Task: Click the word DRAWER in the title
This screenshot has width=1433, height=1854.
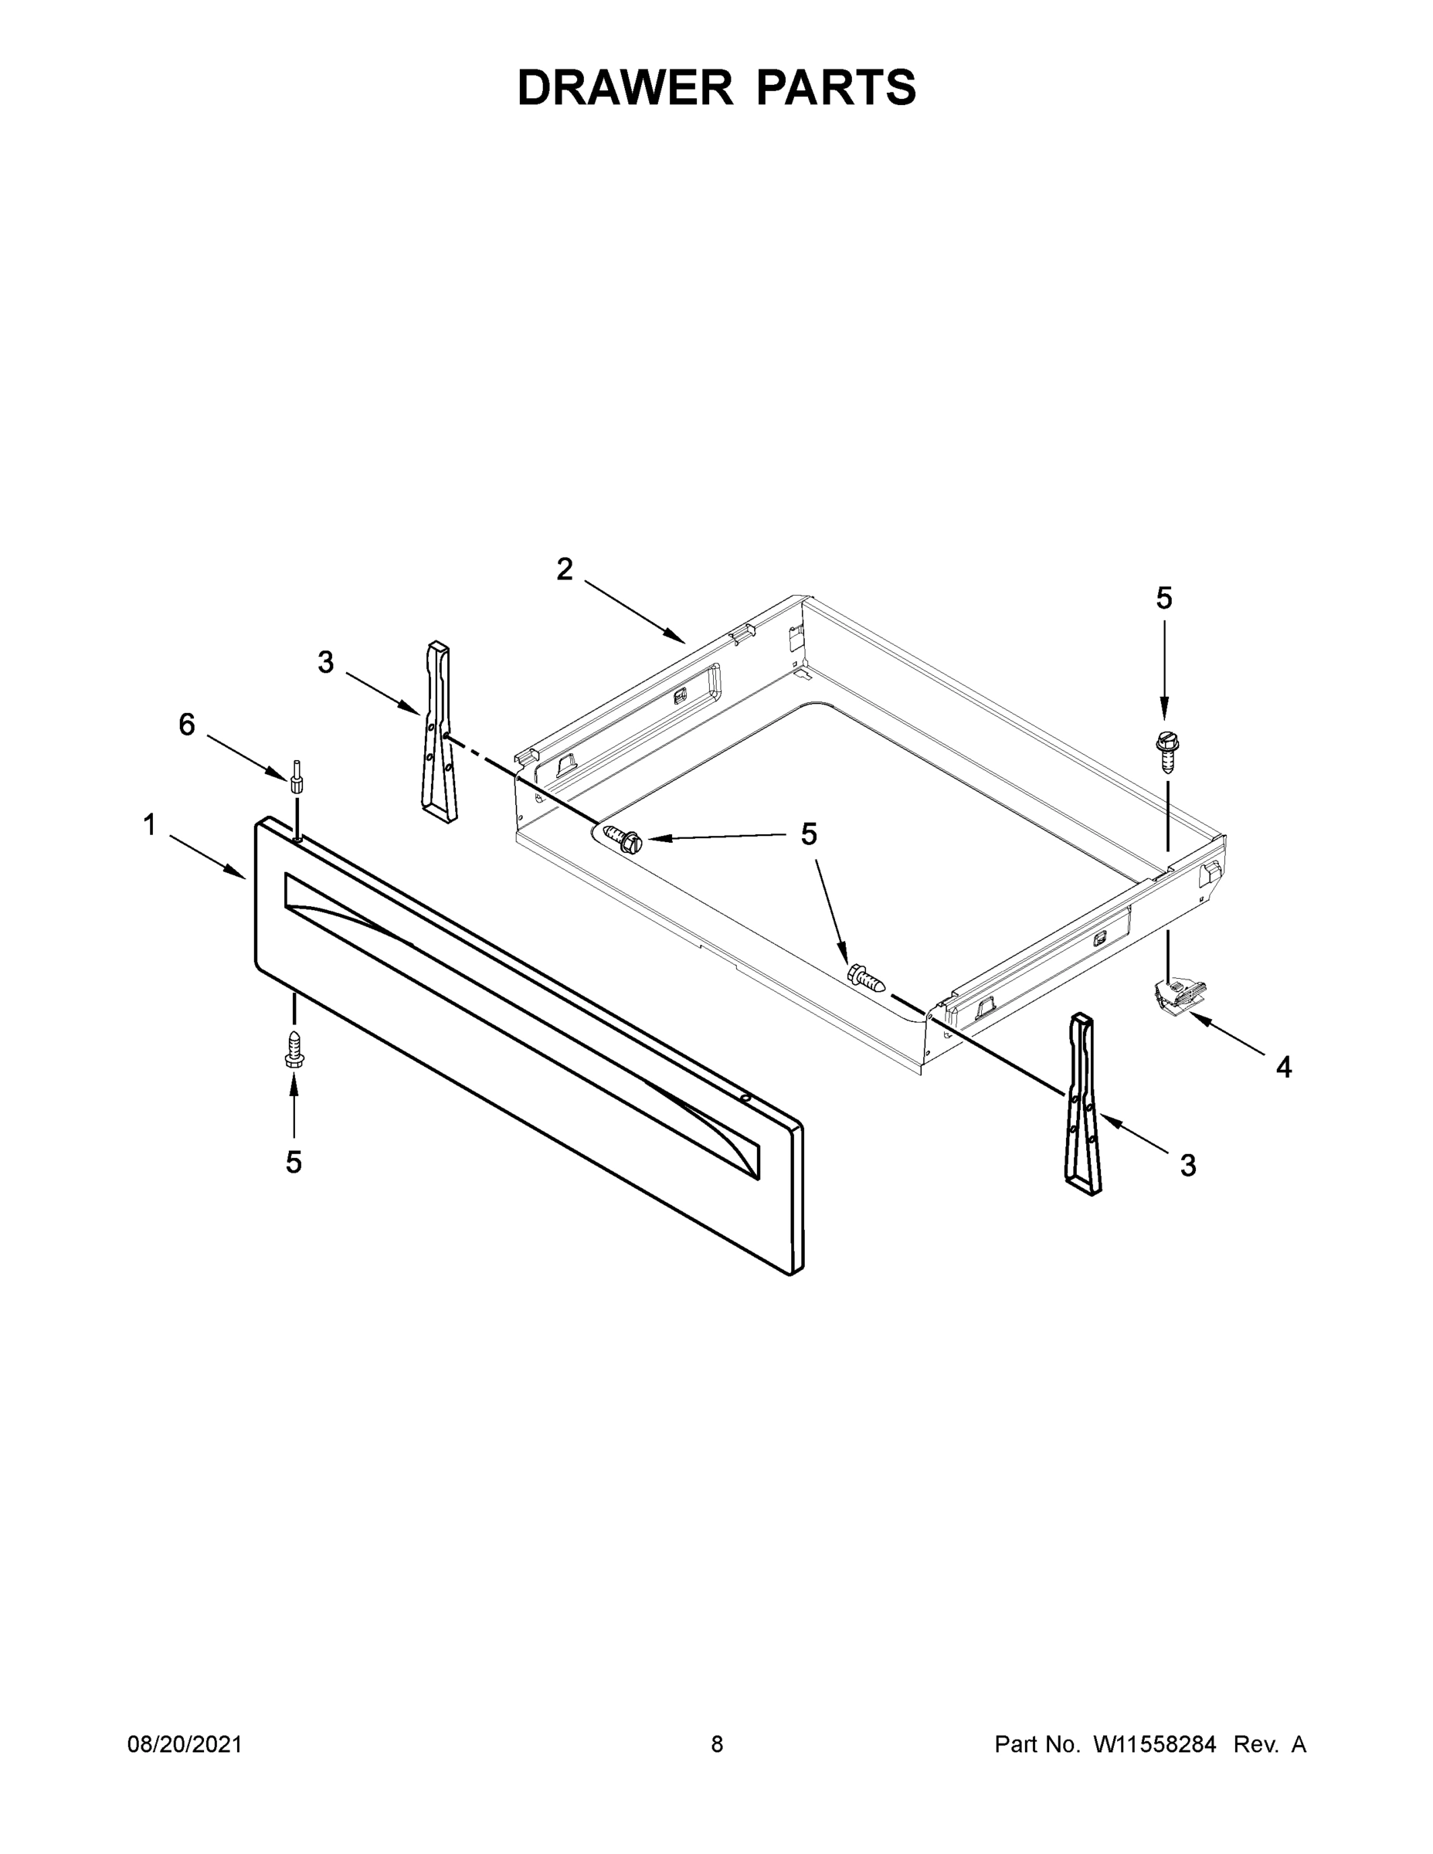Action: (624, 87)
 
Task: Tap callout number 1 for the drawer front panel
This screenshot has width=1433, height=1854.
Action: (149, 824)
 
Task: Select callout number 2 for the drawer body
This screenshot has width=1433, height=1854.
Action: (565, 569)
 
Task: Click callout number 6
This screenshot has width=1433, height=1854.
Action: (187, 724)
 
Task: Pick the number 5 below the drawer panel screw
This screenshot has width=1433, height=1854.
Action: (294, 1162)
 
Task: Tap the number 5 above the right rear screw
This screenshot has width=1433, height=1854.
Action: (1164, 599)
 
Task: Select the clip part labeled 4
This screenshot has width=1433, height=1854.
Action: (1179, 995)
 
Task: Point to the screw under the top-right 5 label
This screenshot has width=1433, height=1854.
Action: (1166, 752)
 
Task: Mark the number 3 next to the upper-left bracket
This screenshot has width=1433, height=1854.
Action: (326, 662)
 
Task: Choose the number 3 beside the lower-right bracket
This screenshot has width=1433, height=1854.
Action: (1187, 1166)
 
